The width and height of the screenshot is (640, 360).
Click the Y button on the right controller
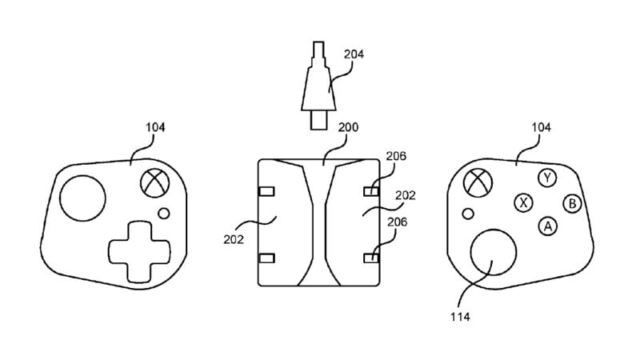[547, 178]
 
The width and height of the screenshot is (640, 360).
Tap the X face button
[524, 202]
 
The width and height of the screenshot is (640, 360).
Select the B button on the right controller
[572, 203]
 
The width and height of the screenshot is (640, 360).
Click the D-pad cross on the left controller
[139, 251]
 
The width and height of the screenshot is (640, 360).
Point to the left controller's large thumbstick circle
[83, 198]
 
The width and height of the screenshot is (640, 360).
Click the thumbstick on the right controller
[493, 252]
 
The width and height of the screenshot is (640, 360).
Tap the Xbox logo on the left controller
[155, 183]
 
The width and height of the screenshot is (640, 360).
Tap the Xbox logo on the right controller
[478, 183]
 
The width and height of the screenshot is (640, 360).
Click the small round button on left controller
[164, 213]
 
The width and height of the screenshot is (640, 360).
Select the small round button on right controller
[468, 214]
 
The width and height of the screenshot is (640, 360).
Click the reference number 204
[354, 54]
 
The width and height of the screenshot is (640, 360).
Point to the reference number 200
[348, 127]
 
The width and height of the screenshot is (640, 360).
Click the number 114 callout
[460, 317]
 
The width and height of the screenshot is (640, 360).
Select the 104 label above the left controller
[155, 127]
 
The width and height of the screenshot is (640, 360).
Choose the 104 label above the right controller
[541, 127]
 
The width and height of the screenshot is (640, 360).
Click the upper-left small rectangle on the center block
[267, 191]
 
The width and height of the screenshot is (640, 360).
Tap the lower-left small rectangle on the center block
[267, 258]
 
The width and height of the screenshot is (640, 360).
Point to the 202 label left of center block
[234, 239]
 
